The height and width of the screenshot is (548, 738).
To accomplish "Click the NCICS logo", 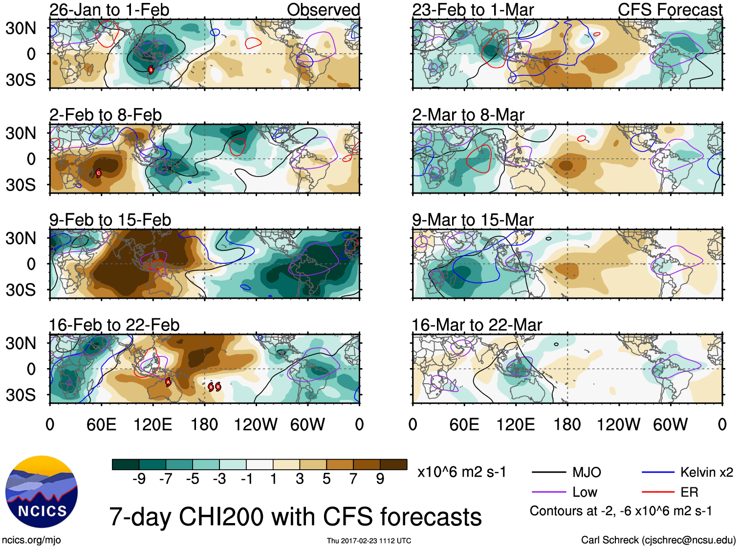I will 42,492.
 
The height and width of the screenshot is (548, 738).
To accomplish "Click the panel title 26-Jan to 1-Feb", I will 109,10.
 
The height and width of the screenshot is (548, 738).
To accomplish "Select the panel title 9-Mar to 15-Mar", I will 473,220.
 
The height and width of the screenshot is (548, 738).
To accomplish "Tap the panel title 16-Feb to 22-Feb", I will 114,325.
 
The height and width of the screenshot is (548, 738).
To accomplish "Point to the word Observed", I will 323,10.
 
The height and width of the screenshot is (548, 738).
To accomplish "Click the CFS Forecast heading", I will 670,10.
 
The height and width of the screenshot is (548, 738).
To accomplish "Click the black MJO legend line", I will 548,473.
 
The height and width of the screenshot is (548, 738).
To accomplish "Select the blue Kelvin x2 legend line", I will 658,473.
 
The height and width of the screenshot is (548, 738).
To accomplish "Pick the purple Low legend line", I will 548,492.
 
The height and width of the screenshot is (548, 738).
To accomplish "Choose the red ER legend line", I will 658,492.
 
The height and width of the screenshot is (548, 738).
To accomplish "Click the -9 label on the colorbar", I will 139,479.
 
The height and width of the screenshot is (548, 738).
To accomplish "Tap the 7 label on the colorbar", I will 353,479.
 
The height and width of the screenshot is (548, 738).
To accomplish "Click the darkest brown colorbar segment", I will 393,464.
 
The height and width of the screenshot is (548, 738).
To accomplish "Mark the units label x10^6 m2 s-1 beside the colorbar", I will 461,472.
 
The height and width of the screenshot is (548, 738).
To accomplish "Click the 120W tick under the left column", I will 256,424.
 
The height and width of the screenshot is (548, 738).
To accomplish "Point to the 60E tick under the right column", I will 464,424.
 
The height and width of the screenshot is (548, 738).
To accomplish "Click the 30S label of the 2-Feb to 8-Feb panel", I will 21,185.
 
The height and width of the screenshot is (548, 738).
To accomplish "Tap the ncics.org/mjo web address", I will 31,540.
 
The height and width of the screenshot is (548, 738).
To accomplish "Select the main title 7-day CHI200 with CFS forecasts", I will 295,517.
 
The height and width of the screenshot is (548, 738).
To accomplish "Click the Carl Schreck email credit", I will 658,540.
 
